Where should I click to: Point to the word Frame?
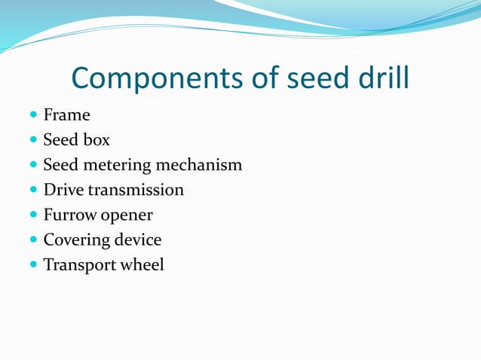[x=66, y=115]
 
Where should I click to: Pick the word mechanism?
[x=199, y=165]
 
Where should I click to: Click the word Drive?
[x=63, y=190]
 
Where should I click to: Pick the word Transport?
[x=78, y=265]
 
